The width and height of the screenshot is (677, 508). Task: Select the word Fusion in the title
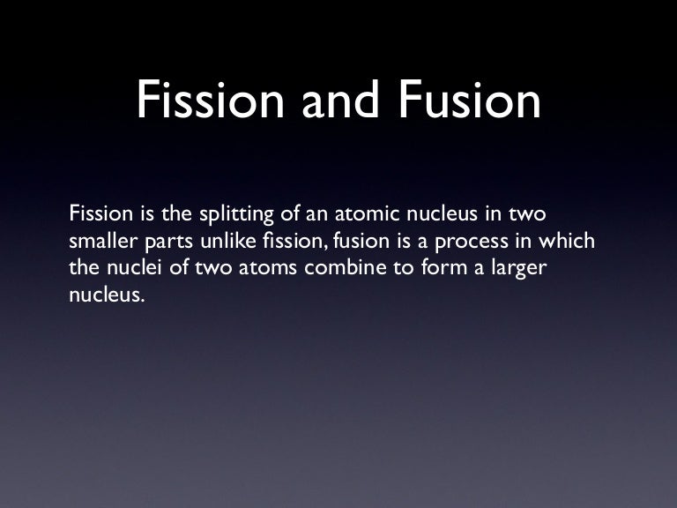tap(468, 102)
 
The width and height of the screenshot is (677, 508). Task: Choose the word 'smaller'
tap(97, 242)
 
